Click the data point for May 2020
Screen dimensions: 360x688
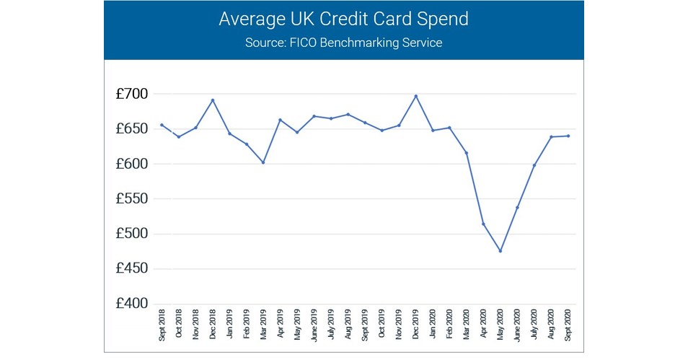(x=500, y=251)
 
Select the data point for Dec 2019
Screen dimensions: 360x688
(x=415, y=96)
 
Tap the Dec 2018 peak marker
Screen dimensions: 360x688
(x=212, y=100)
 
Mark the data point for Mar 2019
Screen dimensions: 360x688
(x=263, y=162)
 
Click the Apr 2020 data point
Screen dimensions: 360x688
(x=483, y=224)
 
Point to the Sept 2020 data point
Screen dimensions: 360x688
(x=568, y=136)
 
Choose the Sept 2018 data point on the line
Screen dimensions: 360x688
(x=162, y=125)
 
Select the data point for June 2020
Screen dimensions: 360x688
(x=517, y=207)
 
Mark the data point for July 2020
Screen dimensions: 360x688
(x=534, y=165)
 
